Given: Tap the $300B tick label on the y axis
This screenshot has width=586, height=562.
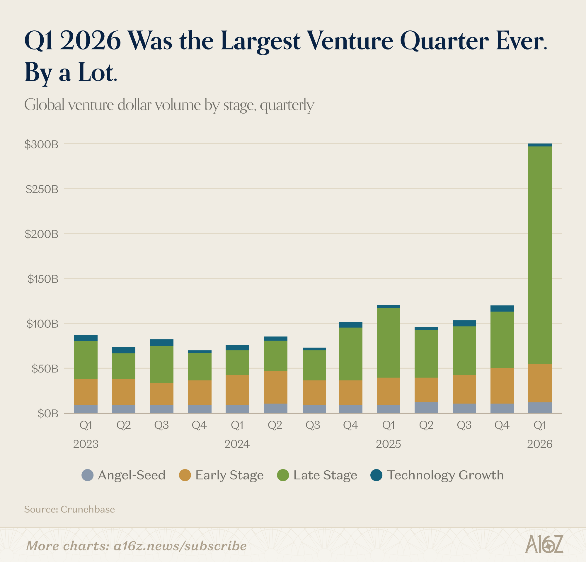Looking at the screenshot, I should (42, 144).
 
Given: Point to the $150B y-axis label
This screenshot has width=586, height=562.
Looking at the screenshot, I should (43, 279).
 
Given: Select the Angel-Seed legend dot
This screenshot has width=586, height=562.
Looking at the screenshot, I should (87, 475).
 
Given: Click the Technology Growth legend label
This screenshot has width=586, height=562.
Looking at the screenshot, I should (445, 475).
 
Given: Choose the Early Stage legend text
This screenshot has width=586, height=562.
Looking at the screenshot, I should (229, 475).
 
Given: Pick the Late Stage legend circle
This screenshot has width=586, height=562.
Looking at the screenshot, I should (283, 475).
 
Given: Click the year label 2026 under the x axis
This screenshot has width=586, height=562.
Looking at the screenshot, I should (540, 444).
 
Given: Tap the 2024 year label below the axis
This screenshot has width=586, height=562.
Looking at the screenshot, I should (237, 444).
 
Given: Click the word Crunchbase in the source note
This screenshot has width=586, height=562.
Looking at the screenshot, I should (88, 509).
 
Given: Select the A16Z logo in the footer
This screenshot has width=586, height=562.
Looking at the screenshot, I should (544, 544).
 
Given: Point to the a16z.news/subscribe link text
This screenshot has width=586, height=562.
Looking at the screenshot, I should (180, 546).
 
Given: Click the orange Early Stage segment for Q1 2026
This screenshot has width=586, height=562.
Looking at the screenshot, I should (540, 383).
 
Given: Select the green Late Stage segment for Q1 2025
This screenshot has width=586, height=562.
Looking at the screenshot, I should (389, 343).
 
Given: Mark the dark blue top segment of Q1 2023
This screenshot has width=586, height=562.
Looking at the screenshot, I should (86, 338).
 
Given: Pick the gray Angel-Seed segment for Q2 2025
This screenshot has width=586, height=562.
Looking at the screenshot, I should (426, 408).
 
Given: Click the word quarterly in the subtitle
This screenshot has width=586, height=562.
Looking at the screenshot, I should (287, 105).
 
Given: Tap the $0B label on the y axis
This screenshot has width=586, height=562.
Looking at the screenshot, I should (48, 414).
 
